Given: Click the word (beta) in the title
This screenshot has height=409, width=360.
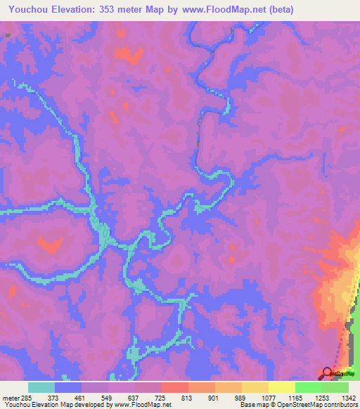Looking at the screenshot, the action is click(x=277, y=9).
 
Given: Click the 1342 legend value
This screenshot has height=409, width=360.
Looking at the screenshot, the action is click(x=349, y=398).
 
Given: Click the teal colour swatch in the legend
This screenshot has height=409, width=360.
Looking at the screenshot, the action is click(x=41, y=387).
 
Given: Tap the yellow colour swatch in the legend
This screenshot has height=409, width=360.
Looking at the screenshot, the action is click(x=281, y=387).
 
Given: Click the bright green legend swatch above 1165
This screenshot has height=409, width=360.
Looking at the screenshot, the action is click(x=309, y=387).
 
